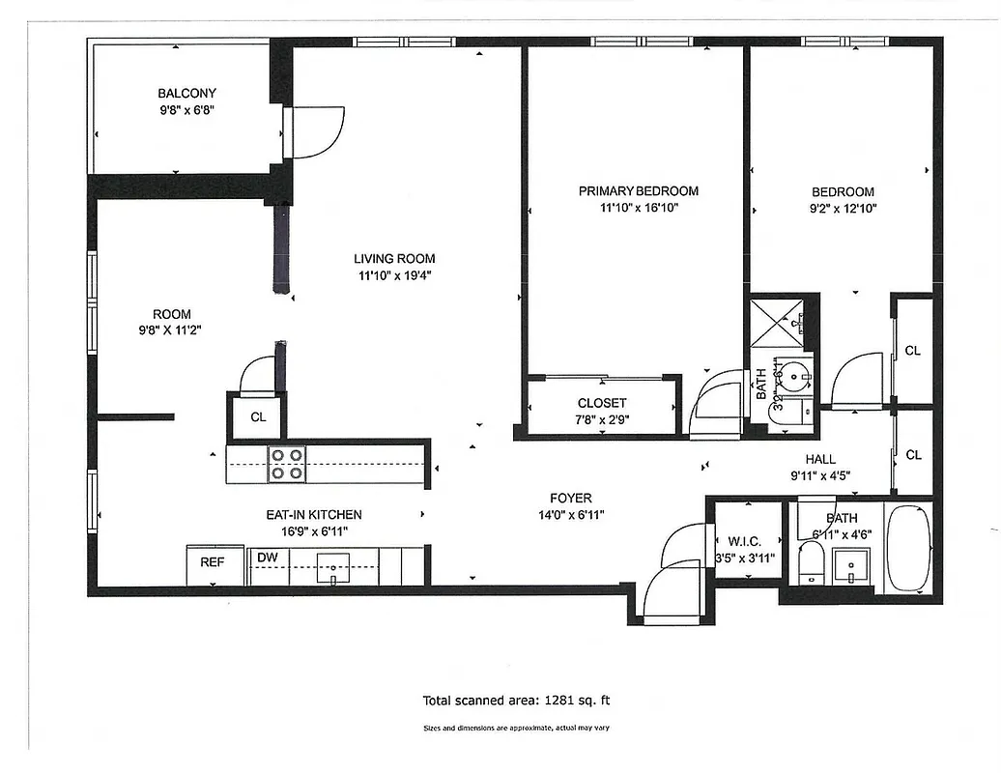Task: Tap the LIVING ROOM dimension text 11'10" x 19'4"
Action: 394,275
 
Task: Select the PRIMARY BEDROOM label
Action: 638,191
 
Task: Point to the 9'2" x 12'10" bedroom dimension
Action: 843,208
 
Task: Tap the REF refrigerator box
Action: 213,562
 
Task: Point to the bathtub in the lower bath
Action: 908,547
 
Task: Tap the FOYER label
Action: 570,499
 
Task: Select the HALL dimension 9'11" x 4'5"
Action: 819,474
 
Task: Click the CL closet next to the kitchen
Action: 258,417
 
